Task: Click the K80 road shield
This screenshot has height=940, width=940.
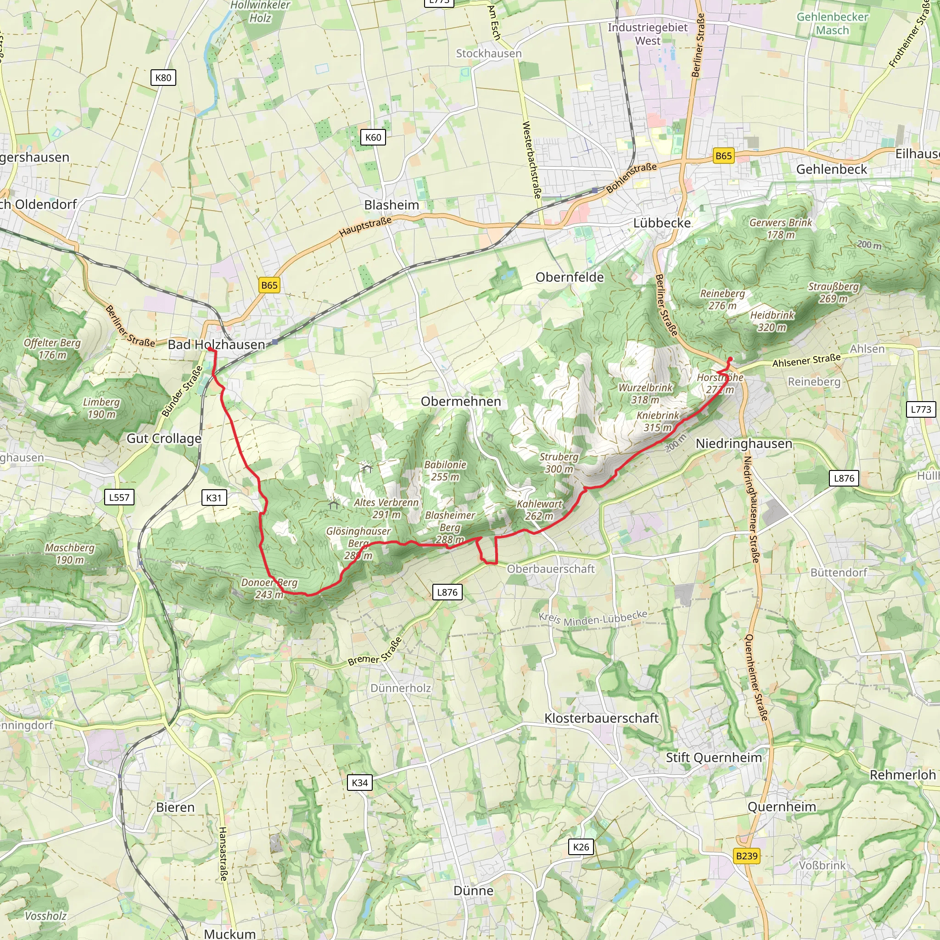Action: pyautogui.click(x=163, y=78)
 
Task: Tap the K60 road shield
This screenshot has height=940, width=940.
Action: pyautogui.click(x=373, y=137)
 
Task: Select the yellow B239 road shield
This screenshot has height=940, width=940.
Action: pyautogui.click(x=746, y=856)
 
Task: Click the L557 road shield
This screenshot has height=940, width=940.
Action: pyautogui.click(x=119, y=497)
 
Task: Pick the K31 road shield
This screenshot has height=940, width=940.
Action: pyautogui.click(x=213, y=498)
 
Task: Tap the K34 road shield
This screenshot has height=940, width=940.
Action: pyautogui.click(x=359, y=783)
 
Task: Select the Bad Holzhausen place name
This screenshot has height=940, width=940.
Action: pyautogui.click(x=216, y=345)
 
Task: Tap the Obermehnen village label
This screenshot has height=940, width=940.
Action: pyautogui.click(x=460, y=402)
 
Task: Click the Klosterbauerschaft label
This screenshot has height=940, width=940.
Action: pyautogui.click(x=601, y=718)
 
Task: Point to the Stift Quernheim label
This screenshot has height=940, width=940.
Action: pyautogui.click(x=713, y=757)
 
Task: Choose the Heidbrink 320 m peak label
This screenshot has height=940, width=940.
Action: pyautogui.click(x=772, y=321)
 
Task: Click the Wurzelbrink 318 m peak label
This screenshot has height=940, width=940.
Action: pyautogui.click(x=645, y=394)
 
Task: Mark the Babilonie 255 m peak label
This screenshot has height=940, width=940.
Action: pyautogui.click(x=445, y=470)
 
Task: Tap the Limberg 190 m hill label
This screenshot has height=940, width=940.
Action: pyautogui.click(x=101, y=408)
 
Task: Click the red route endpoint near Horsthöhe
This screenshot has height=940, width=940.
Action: pyautogui.click(x=730, y=359)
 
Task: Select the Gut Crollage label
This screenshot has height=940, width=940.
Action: pyautogui.click(x=164, y=438)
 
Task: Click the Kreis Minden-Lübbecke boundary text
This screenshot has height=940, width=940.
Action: pyautogui.click(x=593, y=617)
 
